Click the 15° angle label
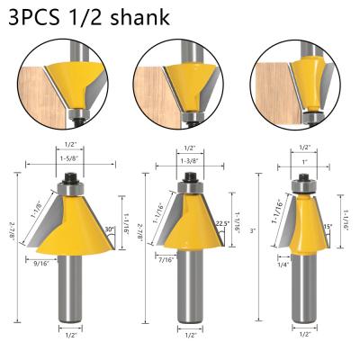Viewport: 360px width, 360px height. (327, 226)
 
